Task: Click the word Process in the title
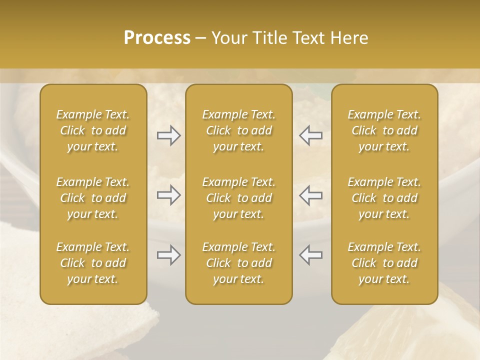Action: tap(157, 38)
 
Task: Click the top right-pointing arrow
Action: tap(168, 135)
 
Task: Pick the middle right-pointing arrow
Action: tap(168, 195)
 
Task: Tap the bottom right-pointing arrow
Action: tap(168, 255)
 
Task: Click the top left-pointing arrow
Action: tap(310, 135)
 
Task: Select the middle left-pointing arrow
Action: tap(310, 195)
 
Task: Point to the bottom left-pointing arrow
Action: tap(310, 255)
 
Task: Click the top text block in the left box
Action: tap(93, 130)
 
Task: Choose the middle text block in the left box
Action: tap(93, 198)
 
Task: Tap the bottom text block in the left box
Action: tap(93, 263)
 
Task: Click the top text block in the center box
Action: tap(238, 130)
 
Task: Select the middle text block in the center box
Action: tap(238, 198)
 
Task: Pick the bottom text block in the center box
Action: tap(238, 263)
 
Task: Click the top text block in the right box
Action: tap(384, 130)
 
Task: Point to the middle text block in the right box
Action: tap(384, 198)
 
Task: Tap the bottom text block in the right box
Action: tap(384, 263)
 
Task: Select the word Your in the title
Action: tap(227, 38)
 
